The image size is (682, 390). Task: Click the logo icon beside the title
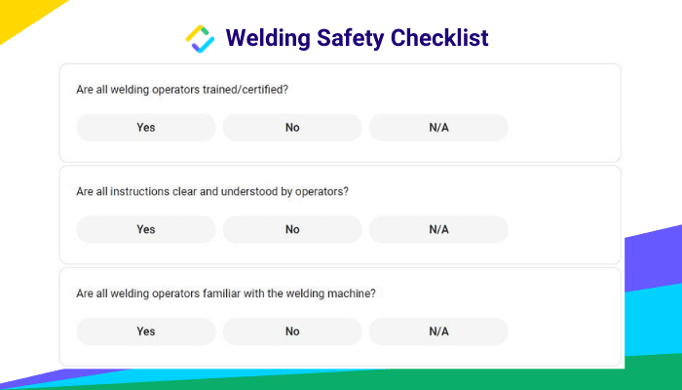(200, 39)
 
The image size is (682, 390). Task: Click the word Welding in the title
(268, 38)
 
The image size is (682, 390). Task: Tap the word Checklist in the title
(439, 37)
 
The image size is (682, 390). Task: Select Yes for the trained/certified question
(146, 128)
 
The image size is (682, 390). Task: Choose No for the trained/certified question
(292, 128)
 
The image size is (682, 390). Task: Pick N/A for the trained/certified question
(438, 128)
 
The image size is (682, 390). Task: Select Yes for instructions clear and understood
(146, 229)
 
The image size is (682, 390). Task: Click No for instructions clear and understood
(292, 229)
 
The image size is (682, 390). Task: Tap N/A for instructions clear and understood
(438, 229)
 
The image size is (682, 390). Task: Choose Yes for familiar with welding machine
(146, 331)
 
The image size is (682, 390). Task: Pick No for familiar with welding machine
(292, 331)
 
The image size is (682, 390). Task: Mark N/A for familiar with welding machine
(438, 331)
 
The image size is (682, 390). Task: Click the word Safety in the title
(350, 38)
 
